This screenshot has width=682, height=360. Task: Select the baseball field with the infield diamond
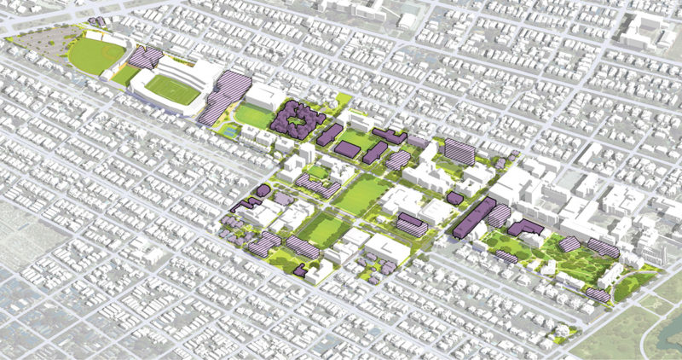pos(95,56)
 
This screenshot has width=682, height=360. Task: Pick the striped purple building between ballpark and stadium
pos(146,57)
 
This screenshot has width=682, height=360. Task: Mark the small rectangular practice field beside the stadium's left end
pos(125,76)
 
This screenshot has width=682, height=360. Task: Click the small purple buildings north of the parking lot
pos(95,20)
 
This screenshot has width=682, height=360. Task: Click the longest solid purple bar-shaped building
pos(475,218)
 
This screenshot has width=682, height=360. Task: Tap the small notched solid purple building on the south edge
pos(300,270)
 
